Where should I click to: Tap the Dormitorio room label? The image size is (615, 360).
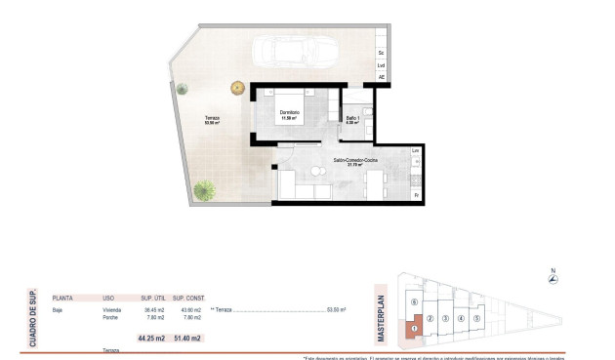(289, 115)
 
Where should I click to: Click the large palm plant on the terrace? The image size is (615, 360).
(203, 189)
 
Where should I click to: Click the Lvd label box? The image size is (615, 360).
(381, 65)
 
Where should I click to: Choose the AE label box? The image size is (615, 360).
(381, 77)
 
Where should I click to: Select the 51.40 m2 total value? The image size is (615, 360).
(187, 338)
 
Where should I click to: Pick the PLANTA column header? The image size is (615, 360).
(62, 298)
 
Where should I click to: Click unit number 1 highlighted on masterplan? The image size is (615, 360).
(414, 329)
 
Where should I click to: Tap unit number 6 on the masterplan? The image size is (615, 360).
(415, 302)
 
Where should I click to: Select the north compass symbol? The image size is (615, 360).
(553, 280)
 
